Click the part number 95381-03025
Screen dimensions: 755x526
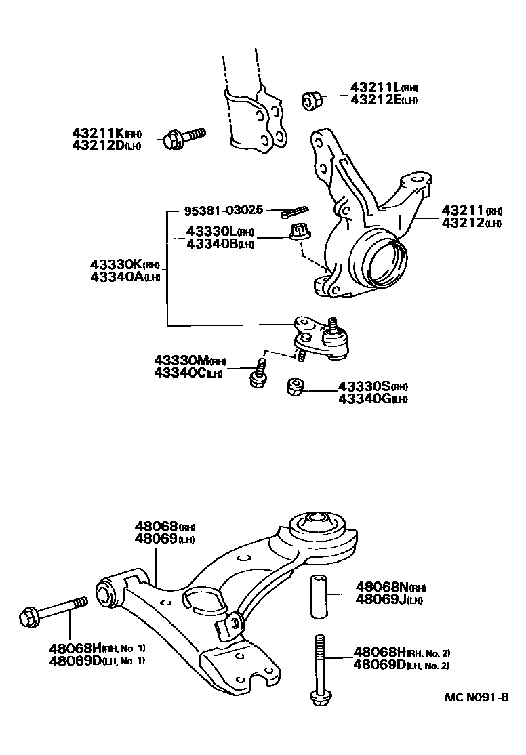coord(223,211)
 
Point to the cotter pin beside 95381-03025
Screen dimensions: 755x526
coord(294,211)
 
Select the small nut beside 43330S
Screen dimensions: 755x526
coord(294,387)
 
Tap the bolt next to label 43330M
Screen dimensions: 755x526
coord(258,374)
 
